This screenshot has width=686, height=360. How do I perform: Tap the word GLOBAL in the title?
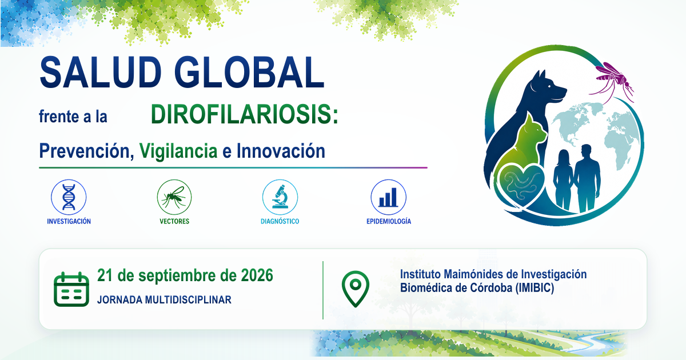click(249, 73)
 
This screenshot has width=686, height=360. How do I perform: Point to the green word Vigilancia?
click(178, 151)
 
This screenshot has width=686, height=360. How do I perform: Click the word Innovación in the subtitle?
click(281, 151)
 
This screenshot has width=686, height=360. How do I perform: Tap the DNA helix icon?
click(69, 197)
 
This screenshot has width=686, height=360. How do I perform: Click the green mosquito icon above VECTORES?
click(174, 197)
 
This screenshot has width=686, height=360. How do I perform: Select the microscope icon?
click(280, 197)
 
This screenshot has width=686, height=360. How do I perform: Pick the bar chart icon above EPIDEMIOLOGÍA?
click(388, 197)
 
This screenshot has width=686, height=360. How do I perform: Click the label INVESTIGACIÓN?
click(69, 221)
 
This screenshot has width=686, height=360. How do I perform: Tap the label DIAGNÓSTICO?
click(280, 221)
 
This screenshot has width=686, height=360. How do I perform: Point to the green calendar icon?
click(71, 289)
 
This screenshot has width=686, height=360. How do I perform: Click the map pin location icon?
click(355, 289)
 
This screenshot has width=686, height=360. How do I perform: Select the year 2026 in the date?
click(257, 275)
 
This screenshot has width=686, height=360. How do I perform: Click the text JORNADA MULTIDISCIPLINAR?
click(164, 299)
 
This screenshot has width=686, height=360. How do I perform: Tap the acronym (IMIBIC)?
click(535, 288)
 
